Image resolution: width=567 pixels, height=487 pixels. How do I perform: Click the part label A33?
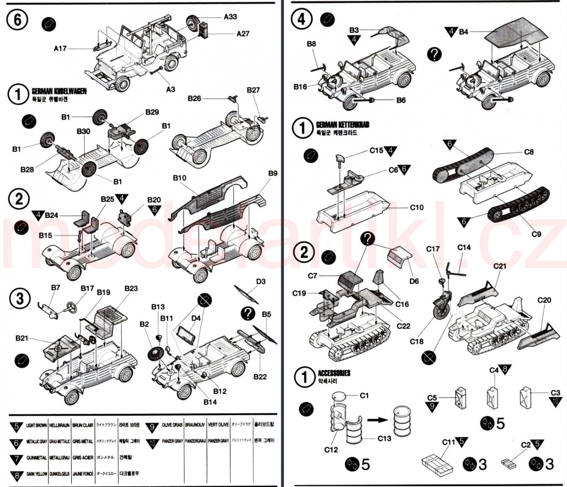(x=230, y=17)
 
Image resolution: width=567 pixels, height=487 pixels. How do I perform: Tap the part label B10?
(x=179, y=178)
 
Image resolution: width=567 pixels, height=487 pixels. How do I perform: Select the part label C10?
(x=416, y=207)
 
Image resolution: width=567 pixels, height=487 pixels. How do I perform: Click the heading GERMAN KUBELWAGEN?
(x=59, y=91)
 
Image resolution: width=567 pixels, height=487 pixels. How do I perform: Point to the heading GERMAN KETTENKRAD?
(x=342, y=125)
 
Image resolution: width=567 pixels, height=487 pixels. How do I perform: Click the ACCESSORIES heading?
(x=334, y=373)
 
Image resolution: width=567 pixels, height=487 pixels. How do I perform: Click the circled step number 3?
(x=19, y=298)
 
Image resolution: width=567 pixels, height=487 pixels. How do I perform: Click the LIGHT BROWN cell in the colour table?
(x=36, y=425)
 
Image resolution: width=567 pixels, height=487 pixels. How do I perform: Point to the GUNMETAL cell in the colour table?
(x=36, y=457)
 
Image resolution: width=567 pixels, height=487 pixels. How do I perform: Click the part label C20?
(x=544, y=300)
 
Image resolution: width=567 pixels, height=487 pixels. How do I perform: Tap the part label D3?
(x=260, y=282)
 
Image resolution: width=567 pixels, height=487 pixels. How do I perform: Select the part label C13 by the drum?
(x=384, y=438)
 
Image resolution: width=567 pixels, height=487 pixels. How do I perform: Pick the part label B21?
(x=22, y=338)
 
